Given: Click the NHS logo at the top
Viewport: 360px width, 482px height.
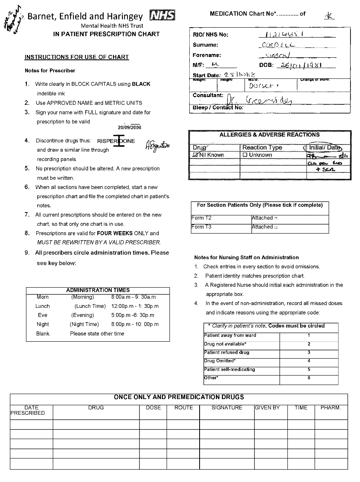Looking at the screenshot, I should [162, 16].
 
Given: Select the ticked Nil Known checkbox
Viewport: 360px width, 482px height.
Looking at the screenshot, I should [195, 155].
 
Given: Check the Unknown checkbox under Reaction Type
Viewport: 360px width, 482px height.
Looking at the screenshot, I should [245, 155].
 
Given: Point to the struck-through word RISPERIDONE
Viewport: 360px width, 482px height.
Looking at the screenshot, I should [116, 141].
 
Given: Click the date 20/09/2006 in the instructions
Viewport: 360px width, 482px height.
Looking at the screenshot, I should [129, 128].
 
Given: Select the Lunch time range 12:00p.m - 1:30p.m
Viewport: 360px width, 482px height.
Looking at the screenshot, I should [135, 306].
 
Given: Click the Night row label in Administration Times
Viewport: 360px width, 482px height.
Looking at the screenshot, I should [42, 324].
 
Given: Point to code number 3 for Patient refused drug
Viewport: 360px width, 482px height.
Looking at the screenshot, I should [309, 352].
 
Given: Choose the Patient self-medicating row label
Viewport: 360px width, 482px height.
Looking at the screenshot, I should [230, 369].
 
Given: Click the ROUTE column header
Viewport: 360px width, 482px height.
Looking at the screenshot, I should [184, 408].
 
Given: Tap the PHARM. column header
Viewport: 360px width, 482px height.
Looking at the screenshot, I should [331, 408].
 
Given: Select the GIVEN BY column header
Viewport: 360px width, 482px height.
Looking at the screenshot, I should [267, 408].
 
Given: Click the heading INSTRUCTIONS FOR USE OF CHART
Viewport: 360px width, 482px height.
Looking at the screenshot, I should [77, 57].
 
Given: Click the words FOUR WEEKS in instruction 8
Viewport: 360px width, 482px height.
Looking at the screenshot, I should [115, 234].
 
